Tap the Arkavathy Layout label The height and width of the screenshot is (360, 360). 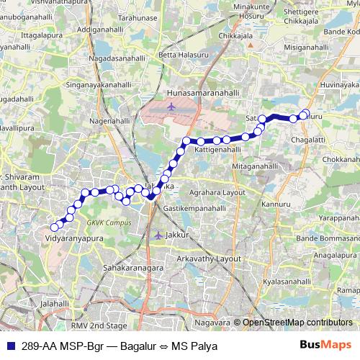[x=210, y=257]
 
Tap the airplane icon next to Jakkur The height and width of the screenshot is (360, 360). [x=158, y=235]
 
